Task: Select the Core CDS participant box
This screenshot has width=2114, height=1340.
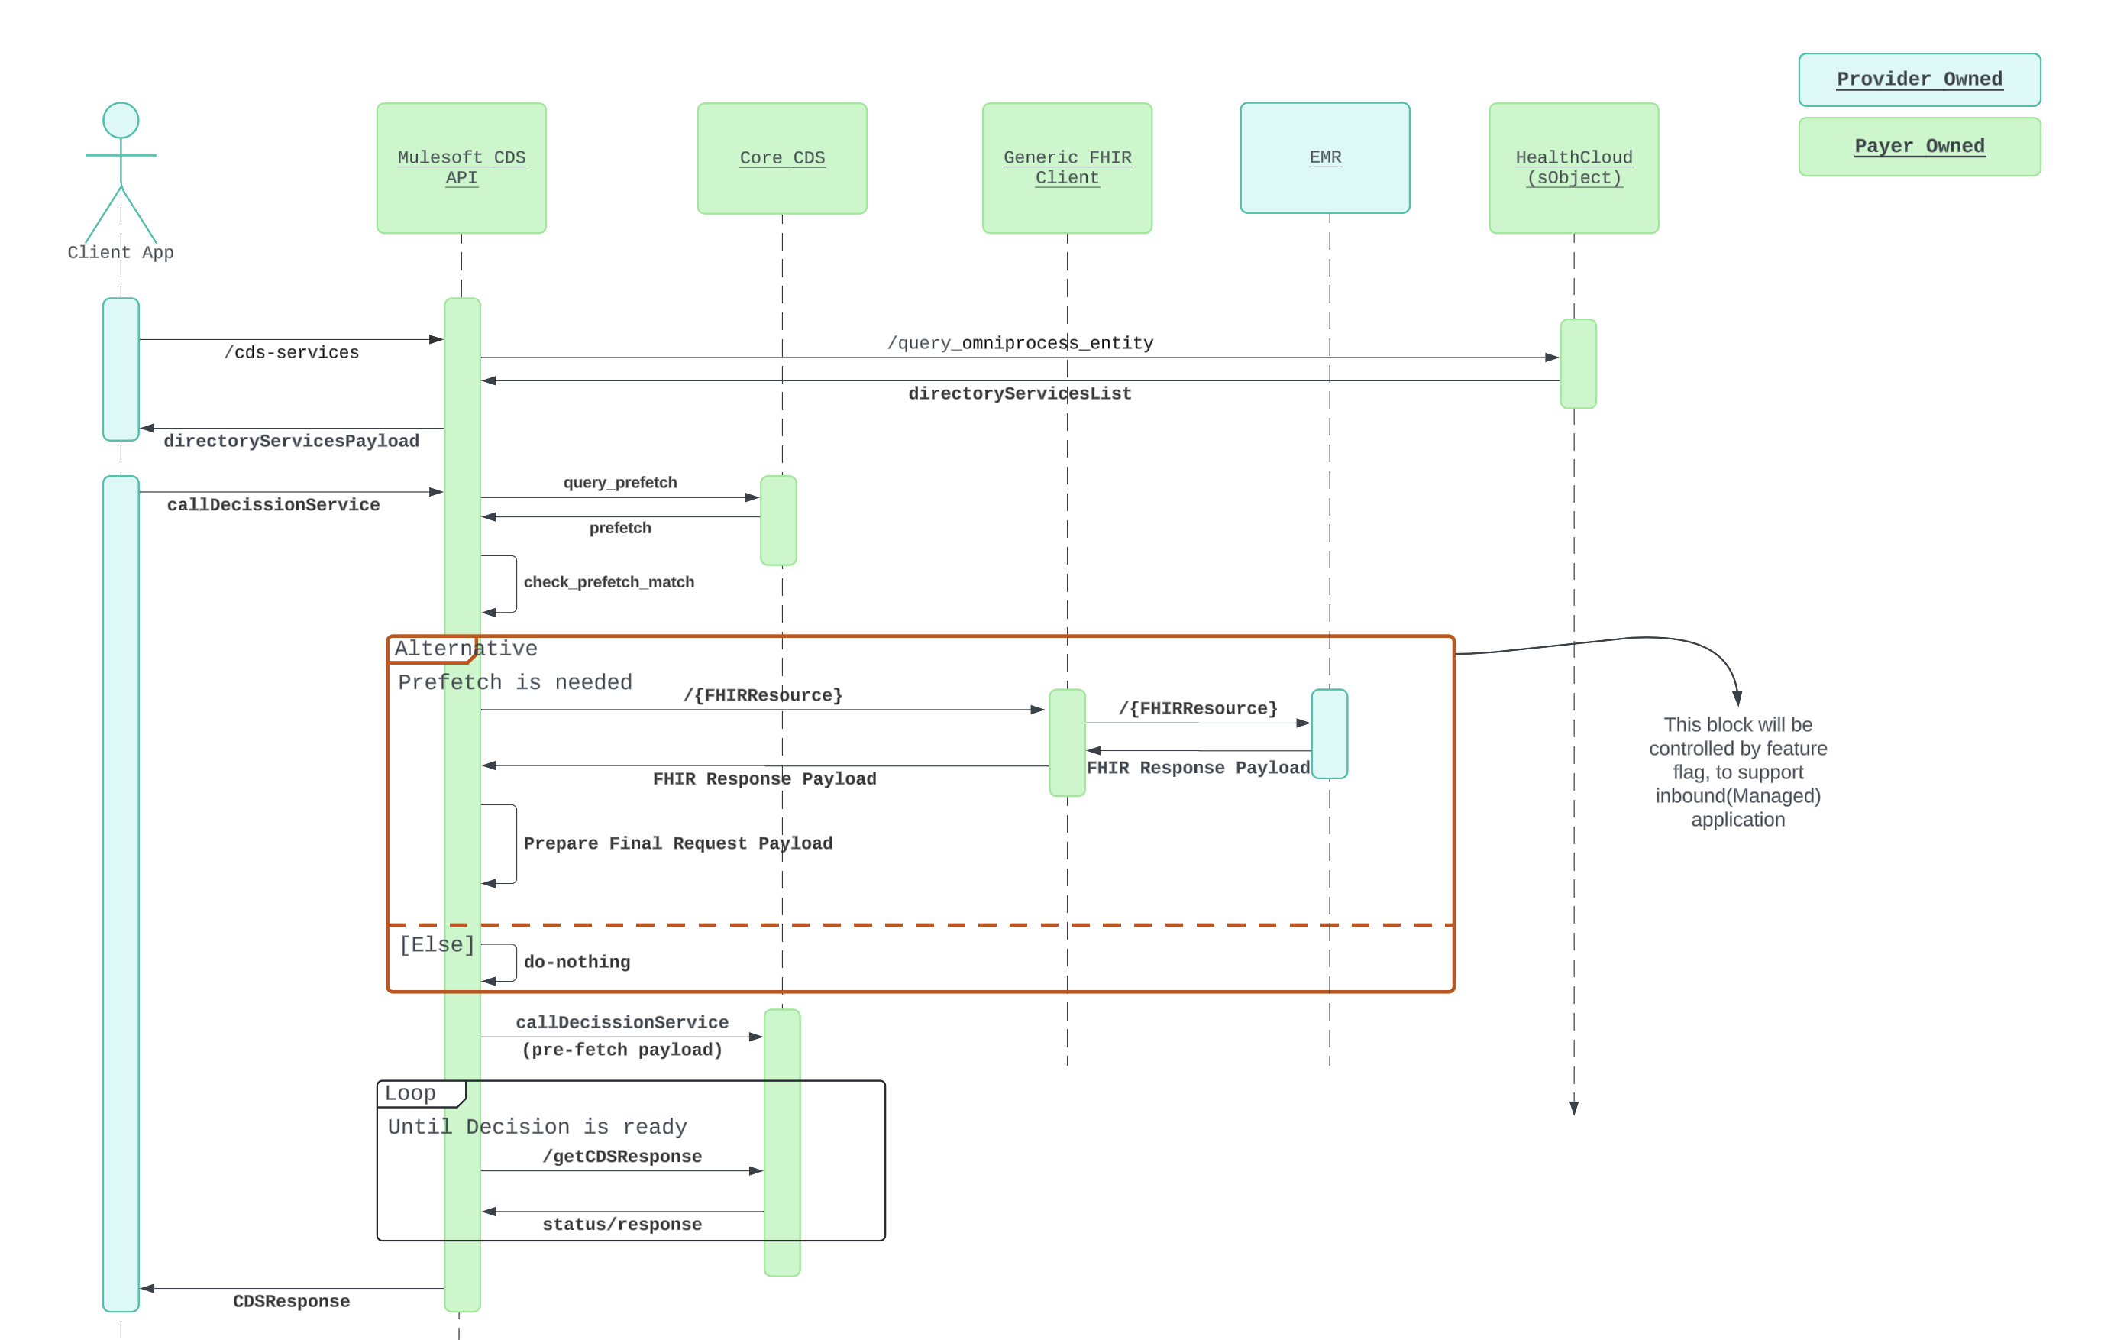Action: [x=781, y=158]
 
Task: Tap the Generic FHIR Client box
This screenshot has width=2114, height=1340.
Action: [x=1067, y=168]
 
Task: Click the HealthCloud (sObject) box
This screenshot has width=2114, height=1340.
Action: [x=1573, y=168]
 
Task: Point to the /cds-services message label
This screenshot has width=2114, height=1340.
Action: [x=292, y=352]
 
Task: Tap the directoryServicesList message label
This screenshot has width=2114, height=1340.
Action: [x=1020, y=393]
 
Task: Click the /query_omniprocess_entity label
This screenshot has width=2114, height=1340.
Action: [x=1020, y=342]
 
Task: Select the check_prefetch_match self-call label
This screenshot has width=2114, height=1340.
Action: [x=609, y=582]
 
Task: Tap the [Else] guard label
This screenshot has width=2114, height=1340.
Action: [x=436, y=945]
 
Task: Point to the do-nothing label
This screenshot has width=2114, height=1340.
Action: [x=577, y=962]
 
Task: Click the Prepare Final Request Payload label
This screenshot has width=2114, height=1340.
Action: [x=677, y=843]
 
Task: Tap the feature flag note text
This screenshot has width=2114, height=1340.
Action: [x=1737, y=772]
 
